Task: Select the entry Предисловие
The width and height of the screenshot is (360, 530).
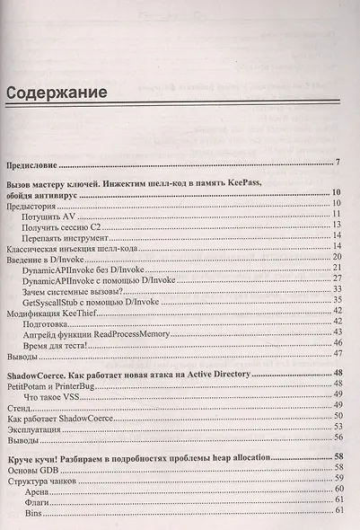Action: pos(32,165)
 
